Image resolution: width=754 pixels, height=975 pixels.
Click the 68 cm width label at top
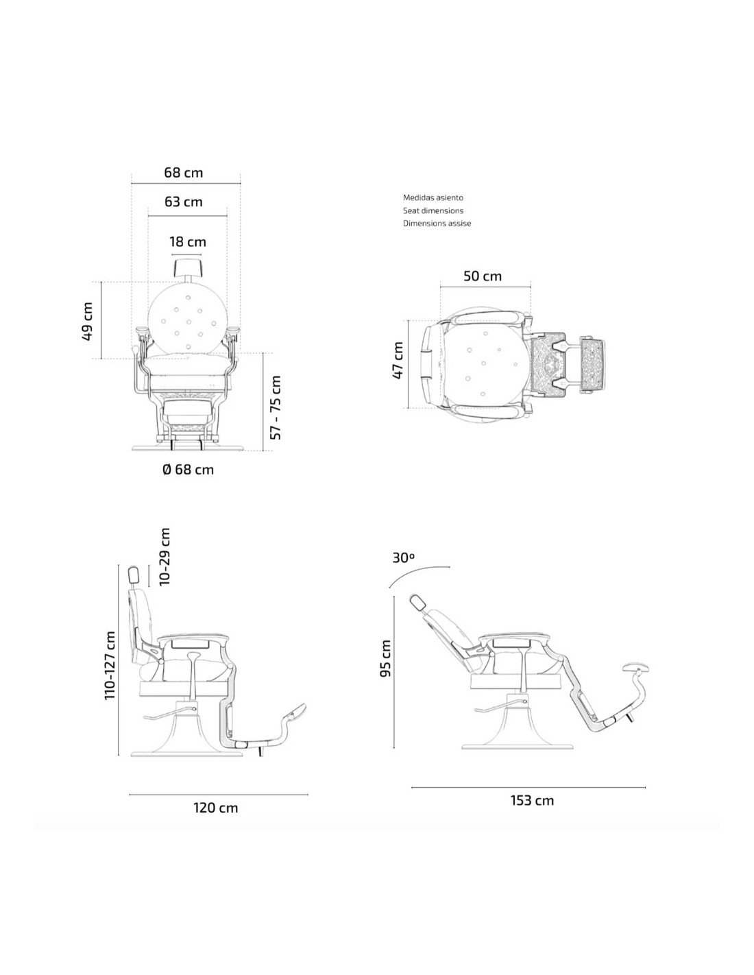click(184, 172)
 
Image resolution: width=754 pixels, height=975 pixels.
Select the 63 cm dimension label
click(184, 202)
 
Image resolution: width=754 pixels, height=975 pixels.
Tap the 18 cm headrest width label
click(187, 241)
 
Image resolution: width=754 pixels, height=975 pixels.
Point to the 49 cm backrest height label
click(88, 321)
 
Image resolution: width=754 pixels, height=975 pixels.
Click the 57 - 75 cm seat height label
click(276, 407)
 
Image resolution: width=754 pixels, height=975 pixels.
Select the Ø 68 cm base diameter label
click(188, 470)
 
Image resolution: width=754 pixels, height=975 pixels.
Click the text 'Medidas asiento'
click(433, 197)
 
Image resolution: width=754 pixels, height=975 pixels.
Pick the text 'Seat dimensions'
click(433, 210)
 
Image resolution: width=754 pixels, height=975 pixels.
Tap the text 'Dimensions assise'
click(437, 224)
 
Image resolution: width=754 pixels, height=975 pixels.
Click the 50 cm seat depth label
click(483, 276)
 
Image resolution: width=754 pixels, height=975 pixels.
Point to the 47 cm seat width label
click(398, 360)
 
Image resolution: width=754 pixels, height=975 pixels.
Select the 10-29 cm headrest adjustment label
click(165, 556)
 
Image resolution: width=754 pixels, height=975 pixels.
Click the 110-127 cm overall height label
click(110, 665)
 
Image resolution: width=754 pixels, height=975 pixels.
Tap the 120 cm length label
click(215, 808)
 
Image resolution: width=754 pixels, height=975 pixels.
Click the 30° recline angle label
click(403, 557)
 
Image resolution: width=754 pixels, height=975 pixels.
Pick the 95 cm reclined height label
click(385, 658)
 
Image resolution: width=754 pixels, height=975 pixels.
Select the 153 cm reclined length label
click(531, 800)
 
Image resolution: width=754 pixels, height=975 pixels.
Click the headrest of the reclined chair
click(417, 603)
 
